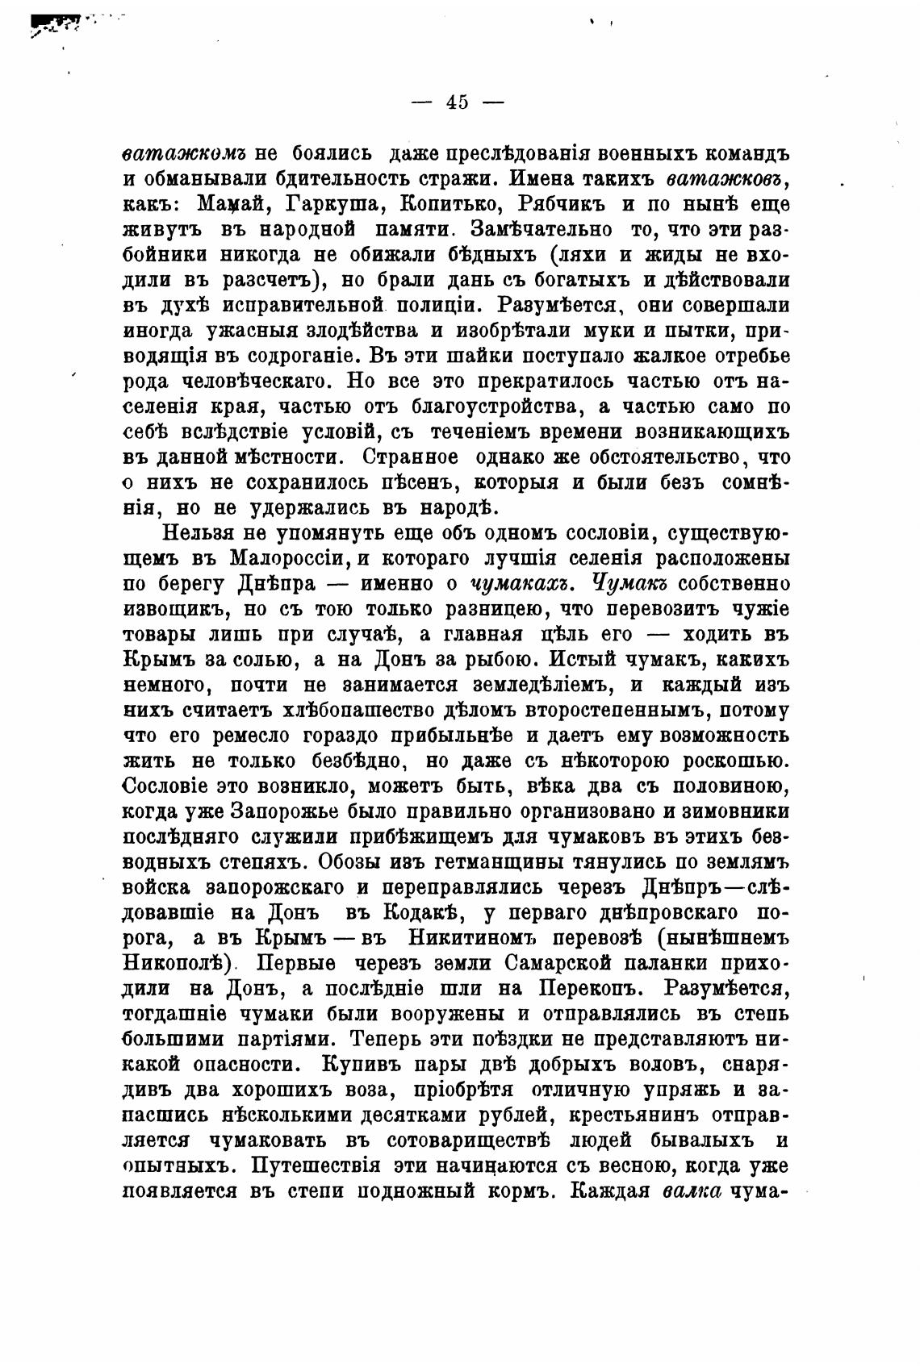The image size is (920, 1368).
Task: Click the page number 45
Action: [456, 102]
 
